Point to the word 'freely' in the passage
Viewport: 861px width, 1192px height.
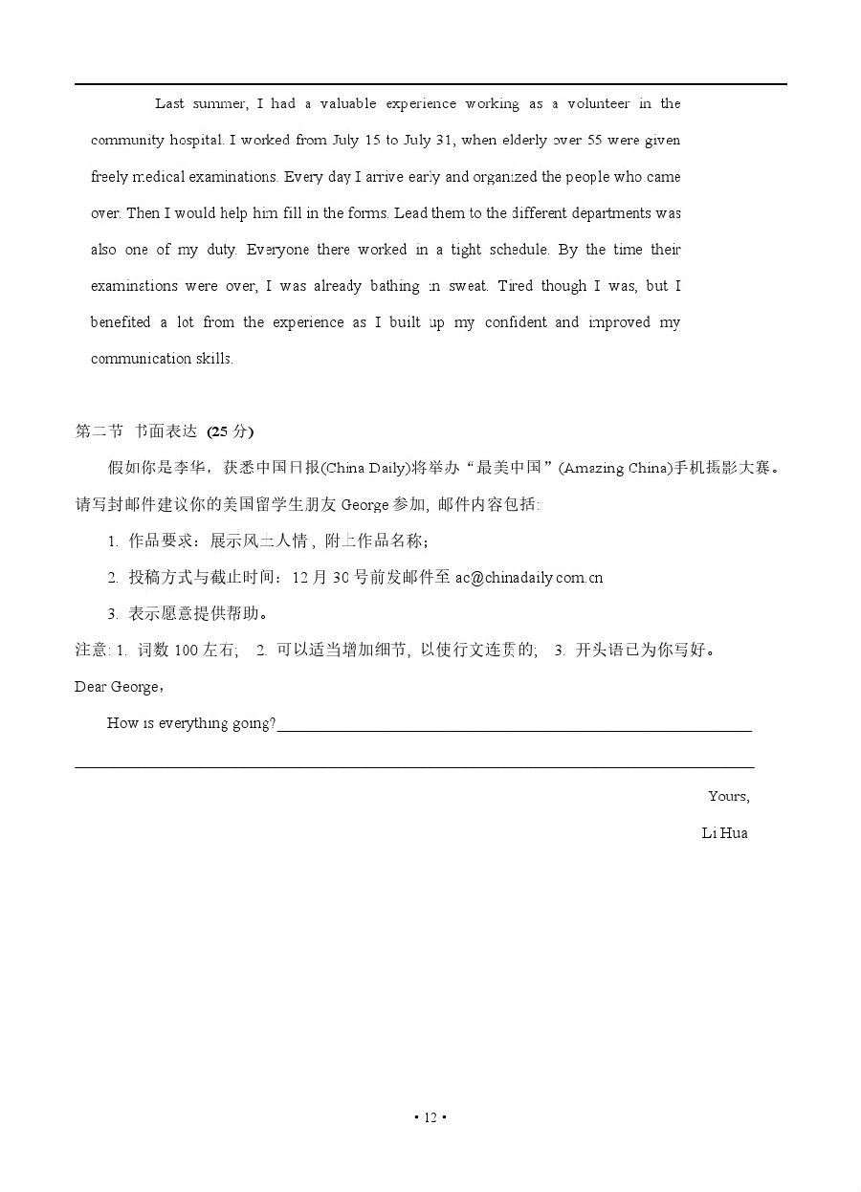[109, 177]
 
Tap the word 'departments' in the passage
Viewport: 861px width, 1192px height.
[600, 213]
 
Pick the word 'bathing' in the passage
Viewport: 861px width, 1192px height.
[390, 286]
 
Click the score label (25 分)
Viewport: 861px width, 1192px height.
[231, 431]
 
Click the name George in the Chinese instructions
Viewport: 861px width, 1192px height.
[364, 504]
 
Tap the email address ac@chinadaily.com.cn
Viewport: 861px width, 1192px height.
[529, 577]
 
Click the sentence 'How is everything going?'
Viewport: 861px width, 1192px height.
[191, 723]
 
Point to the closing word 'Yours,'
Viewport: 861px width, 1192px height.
[728, 796]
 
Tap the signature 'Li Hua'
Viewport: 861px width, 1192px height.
[724, 832]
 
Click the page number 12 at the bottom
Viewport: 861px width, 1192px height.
[430, 1117]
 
